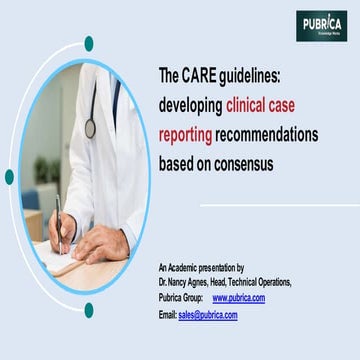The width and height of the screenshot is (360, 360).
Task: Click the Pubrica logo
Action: point(321,25)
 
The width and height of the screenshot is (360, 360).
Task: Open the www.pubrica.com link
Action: point(239,298)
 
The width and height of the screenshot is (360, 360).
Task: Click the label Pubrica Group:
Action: point(181,298)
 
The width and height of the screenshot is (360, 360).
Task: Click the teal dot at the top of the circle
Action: point(89,43)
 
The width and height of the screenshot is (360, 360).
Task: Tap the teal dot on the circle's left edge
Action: point(9,177)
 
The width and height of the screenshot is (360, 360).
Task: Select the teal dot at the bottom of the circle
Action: point(89,310)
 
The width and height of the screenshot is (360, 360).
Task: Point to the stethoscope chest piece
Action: point(90,127)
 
